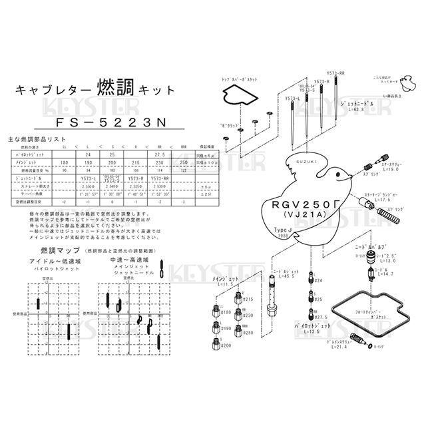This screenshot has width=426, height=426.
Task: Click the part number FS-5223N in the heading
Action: (x=95, y=124)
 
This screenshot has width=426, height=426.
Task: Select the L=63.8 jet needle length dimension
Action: (x=353, y=110)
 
